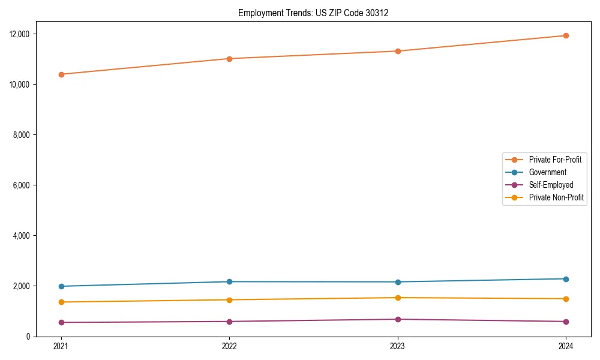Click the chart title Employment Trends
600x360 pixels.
click(x=313, y=13)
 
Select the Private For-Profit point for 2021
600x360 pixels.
click(x=61, y=74)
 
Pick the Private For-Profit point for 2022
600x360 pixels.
click(x=229, y=59)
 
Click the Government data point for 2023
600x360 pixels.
click(x=398, y=282)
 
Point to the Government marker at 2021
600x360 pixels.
click(x=61, y=286)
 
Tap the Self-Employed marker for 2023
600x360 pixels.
click(x=398, y=319)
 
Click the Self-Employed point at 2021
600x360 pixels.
click(x=61, y=322)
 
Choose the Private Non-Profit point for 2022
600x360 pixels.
click(x=229, y=300)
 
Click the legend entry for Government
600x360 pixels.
click(x=547, y=172)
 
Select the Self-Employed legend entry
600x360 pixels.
click(x=551, y=185)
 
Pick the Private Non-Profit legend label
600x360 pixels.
click(x=556, y=197)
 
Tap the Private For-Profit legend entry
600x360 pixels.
click(x=555, y=160)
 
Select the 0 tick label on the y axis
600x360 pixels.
click(x=28, y=337)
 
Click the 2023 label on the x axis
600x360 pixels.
click(x=398, y=346)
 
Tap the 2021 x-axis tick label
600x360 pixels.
click(x=61, y=346)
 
